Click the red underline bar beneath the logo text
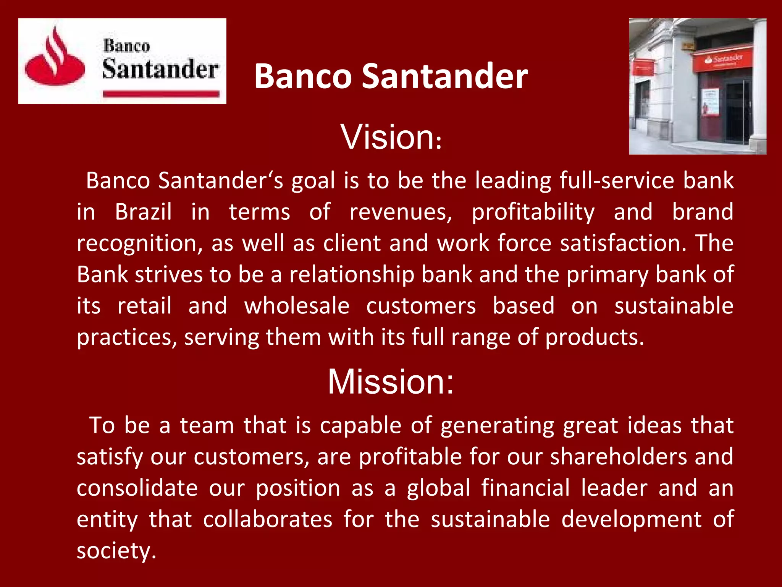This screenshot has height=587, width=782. (161, 93)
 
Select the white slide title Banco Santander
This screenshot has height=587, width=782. (391, 76)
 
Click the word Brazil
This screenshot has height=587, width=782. (143, 212)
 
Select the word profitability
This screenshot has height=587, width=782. (533, 212)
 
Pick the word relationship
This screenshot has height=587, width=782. (352, 275)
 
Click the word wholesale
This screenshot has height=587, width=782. (297, 306)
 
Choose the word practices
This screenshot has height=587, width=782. (127, 338)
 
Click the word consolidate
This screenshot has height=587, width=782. (137, 488)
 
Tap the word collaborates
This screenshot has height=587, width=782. (268, 519)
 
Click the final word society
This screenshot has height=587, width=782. (116, 551)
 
